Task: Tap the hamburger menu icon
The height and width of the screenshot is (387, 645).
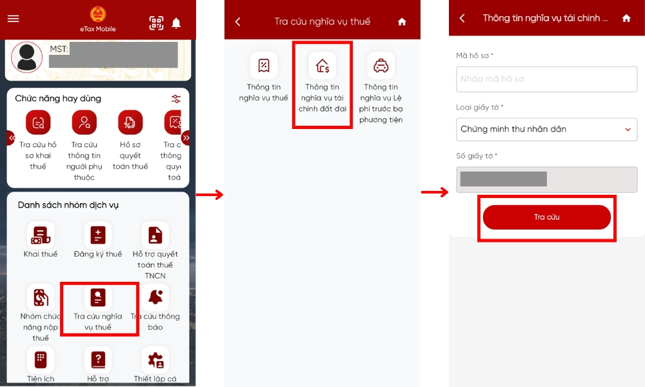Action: [x=13, y=18]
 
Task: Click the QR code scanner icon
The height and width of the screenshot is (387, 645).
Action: [x=156, y=23]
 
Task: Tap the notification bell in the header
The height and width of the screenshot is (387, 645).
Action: [x=176, y=23]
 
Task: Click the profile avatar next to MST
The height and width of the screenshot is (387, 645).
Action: [x=27, y=57]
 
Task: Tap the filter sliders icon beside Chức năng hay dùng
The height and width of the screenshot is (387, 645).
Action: [x=176, y=99]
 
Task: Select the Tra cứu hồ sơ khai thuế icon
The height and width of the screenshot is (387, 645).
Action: [x=38, y=123]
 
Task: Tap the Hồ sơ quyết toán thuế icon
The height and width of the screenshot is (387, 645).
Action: [x=130, y=123]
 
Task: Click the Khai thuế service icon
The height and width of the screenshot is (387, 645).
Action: [x=41, y=235]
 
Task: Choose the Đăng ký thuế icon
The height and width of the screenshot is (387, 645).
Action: [x=98, y=235]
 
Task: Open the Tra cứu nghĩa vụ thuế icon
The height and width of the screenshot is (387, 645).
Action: [x=98, y=297]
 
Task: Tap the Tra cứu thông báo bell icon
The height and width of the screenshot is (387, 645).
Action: [x=155, y=297]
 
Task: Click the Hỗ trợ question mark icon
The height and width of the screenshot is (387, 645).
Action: [x=98, y=359]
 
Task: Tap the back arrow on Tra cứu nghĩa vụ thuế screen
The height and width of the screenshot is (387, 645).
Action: [x=237, y=22]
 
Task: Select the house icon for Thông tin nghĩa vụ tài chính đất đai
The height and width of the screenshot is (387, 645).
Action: [x=322, y=66]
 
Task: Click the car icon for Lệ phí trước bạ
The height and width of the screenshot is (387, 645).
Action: [x=381, y=66]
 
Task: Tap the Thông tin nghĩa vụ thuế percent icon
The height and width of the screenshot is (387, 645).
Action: [x=264, y=66]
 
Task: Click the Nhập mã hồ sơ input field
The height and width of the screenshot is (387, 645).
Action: [x=546, y=79]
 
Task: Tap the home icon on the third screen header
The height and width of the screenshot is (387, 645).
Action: [x=626, y=19]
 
